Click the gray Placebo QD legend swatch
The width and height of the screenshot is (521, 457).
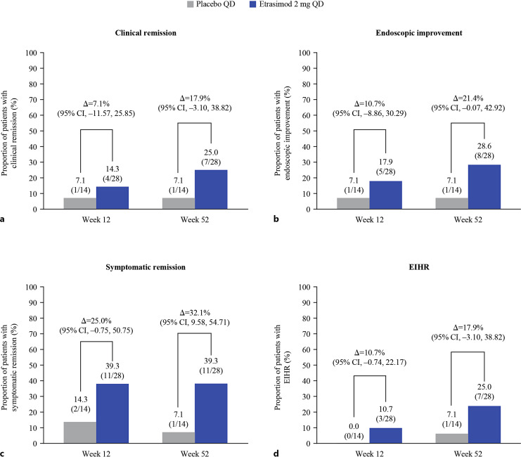pyautogui.click(x=192, y=5)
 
